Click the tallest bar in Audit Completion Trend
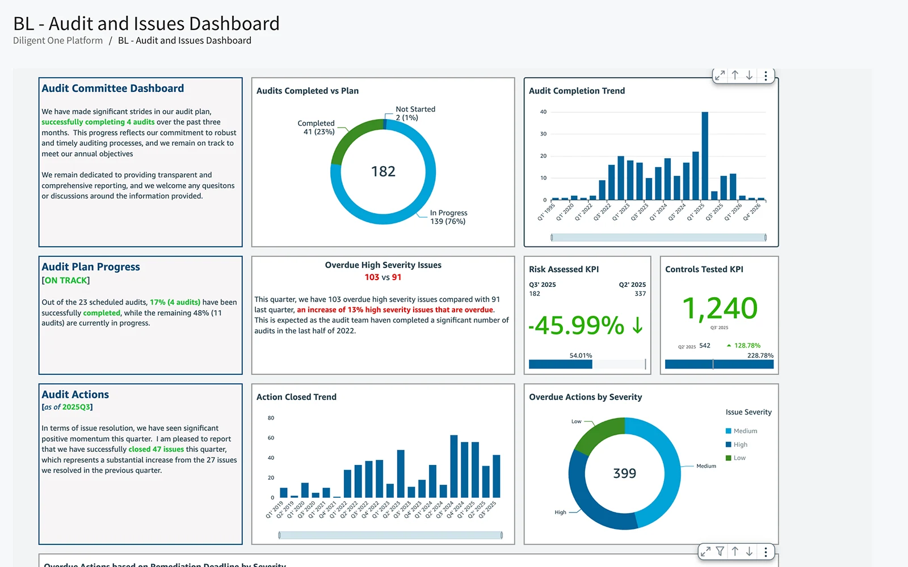pos(705,156)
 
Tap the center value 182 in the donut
pos(383,171)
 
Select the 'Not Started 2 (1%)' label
pos(415,113)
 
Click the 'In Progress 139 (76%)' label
pos(448,217)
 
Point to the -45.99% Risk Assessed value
pos(577,325)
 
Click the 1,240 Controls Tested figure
pos(720,308)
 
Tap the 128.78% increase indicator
pos(746,345)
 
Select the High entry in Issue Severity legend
pos(740,445)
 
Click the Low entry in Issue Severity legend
pos(739,458)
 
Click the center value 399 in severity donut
pos(624,473)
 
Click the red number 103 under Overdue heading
pos(372,277)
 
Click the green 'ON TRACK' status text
pos(66,281)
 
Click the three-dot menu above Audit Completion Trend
pos(766,75)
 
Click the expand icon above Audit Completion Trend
pos(720,75)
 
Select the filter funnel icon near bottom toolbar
pos(720,551)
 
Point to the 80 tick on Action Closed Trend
pos(271,418)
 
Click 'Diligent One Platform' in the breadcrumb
pos(58,41)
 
